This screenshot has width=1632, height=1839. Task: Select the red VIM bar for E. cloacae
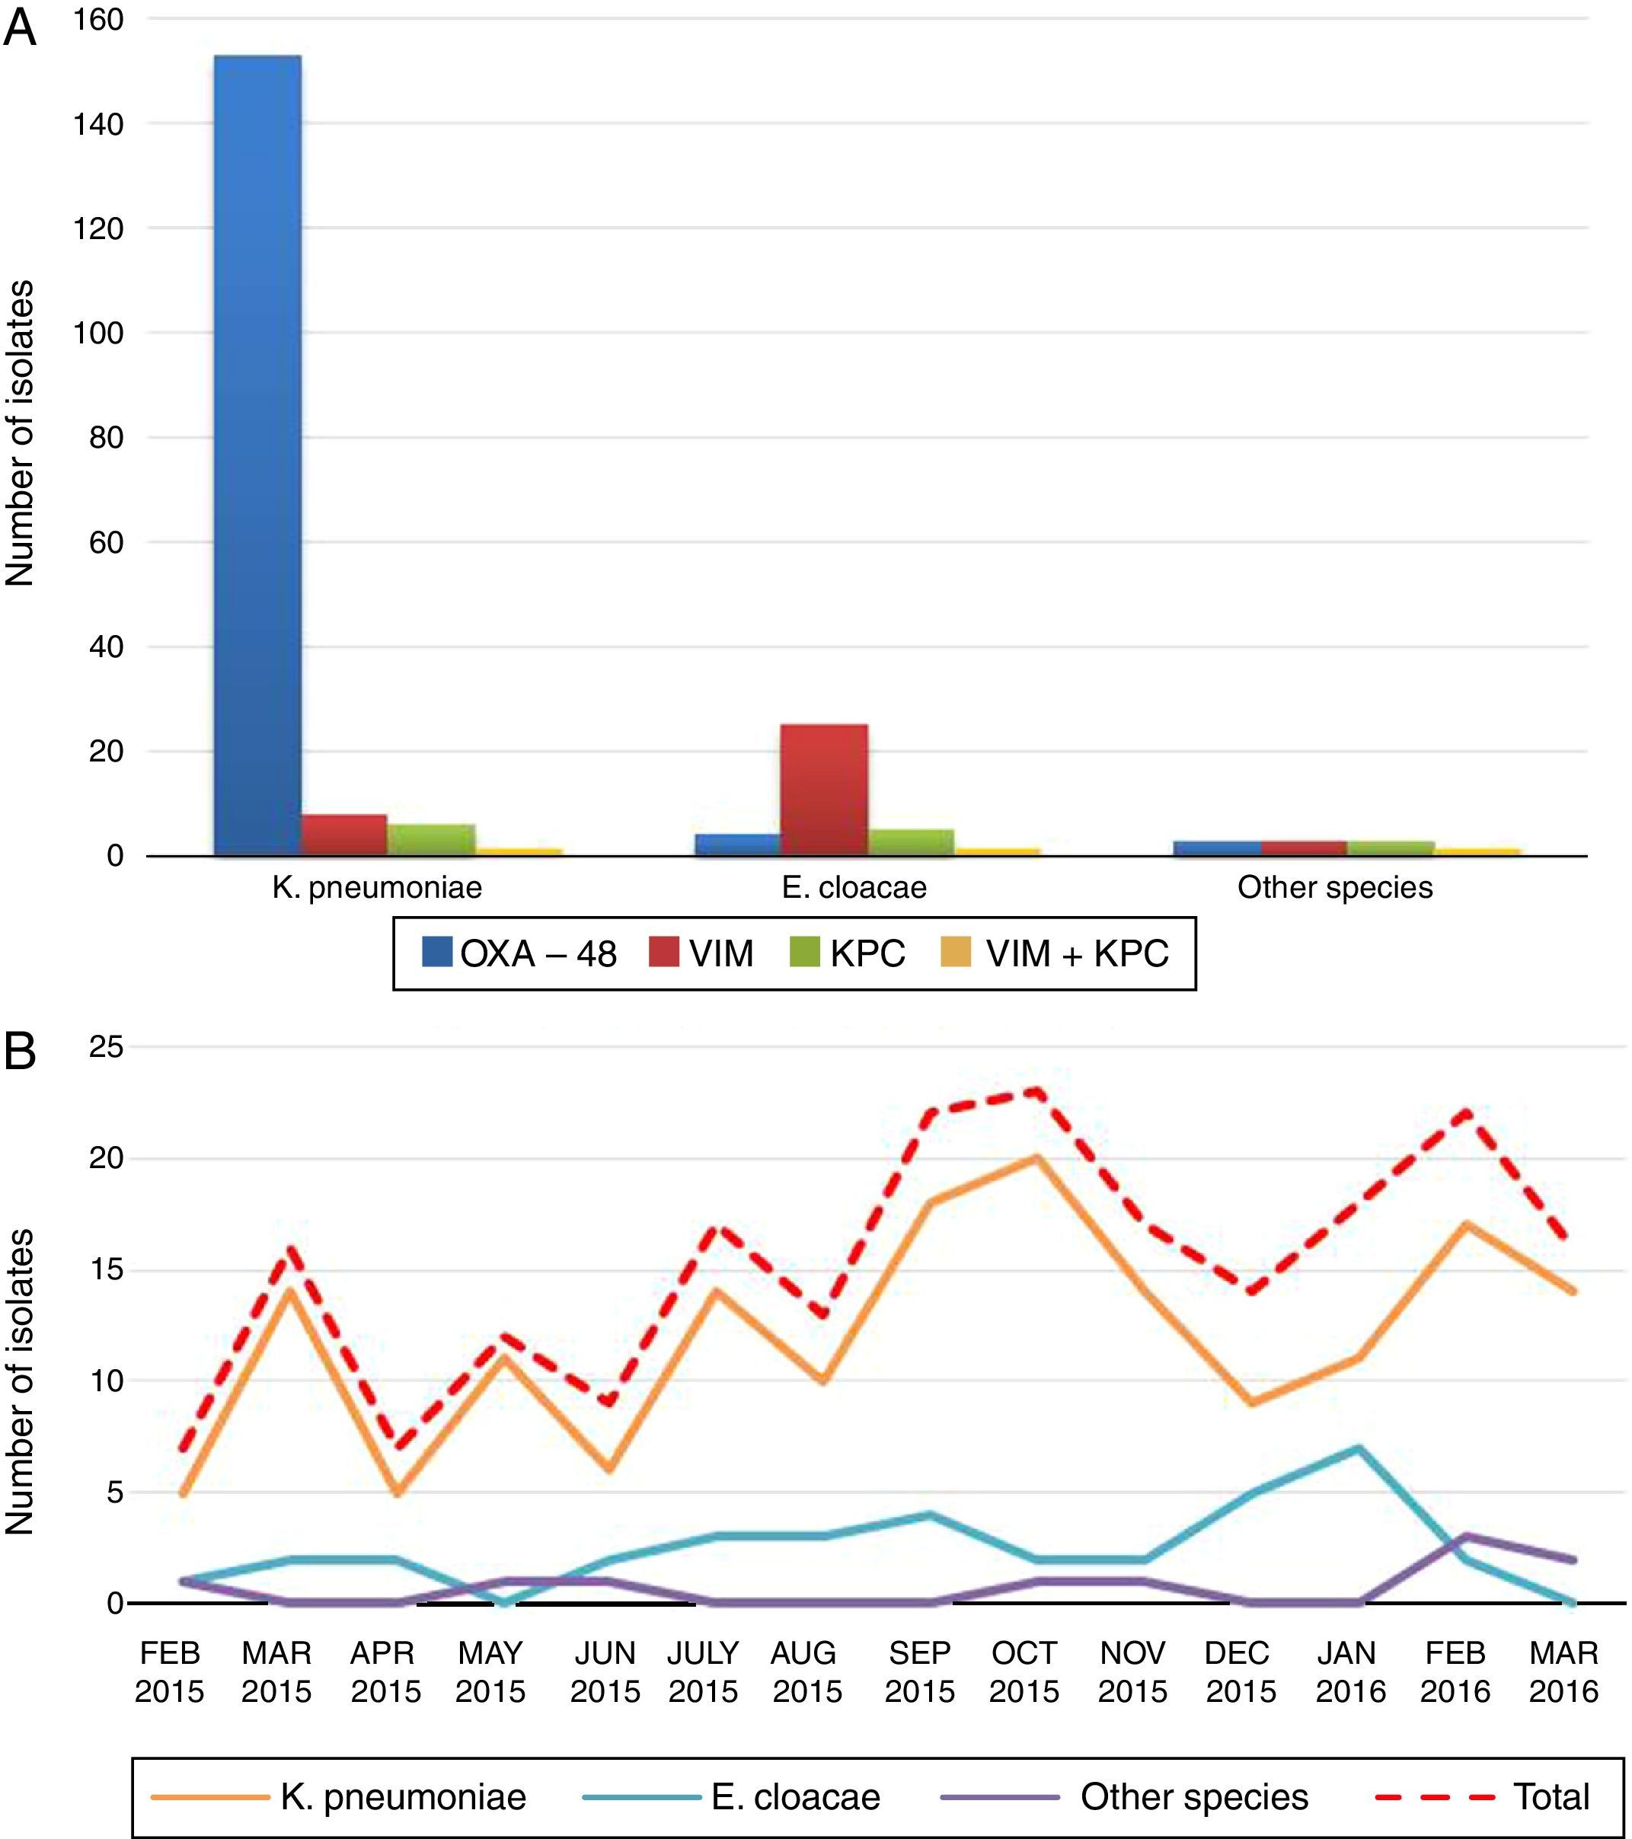coord(823,789)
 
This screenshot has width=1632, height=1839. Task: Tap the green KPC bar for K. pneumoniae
coord(431,839)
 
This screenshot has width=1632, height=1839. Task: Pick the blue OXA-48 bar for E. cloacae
coord(737,844)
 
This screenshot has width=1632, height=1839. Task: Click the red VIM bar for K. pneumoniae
coord(343,835)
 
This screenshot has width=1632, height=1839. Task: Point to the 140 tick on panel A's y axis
coord(100,124)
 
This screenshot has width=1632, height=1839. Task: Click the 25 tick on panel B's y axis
coord(105,1048)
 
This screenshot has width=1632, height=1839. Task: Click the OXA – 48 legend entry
coord(519,953)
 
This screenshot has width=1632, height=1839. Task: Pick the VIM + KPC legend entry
coord(1055,953)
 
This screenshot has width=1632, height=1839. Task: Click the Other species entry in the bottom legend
coord(1125,1796)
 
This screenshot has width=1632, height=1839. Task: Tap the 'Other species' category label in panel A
coord(1334,888)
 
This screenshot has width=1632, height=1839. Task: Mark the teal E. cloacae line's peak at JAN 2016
coord(1358,1448)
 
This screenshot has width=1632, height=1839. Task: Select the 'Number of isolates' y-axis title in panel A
coord(20,433)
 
